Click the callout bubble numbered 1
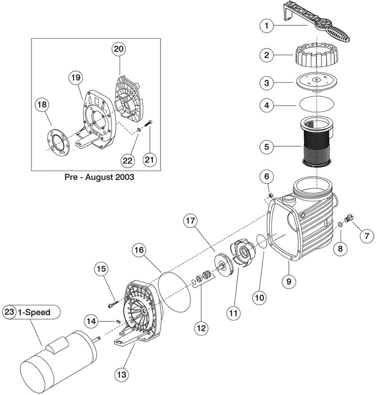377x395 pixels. click(267, 25)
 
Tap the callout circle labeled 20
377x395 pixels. click(119, 49)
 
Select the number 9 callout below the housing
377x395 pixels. click(288, 281)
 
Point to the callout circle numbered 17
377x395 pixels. click(190, 221)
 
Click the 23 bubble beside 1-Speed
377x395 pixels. click(9, 312)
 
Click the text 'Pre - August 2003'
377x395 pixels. click(99, 177)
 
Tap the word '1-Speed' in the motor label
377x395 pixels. click(34, 313)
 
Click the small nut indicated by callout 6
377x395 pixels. click(270, 195)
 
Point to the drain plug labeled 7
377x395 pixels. click(349, 218)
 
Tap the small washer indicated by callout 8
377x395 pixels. click(340, 224)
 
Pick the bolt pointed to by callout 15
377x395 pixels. click(113, 304)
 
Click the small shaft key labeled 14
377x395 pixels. click(118, 321)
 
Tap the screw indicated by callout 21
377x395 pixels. click(148, 124)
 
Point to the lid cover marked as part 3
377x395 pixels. click(315, 82)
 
